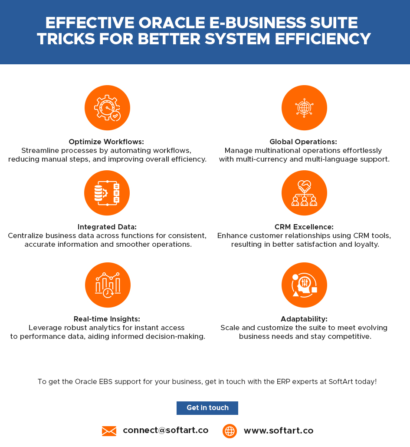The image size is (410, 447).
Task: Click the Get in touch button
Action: (x=207, y=408)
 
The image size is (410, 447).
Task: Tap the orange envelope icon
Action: (x=109, y=431)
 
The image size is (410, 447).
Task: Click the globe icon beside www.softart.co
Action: (x=230, y=431)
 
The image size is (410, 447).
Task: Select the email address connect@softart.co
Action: (x=165, y=430)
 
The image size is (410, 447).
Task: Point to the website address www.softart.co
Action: (x=278, y=430)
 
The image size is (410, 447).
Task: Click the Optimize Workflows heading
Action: (x=106, y=142)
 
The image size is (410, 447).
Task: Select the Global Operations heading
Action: (x=303, y=142)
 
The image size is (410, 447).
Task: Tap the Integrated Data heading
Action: (x=107, y=227)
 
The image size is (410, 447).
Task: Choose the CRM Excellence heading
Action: (x=304, y=227)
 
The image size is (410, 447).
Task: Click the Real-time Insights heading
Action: (x=107, y=319)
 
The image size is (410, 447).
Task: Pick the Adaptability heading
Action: (x=304, y=319)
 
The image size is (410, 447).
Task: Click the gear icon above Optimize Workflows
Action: (x=107, y=108)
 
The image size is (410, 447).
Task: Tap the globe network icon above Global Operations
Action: (x=304, y=108)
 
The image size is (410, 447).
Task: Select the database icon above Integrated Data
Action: (x=107, y=193)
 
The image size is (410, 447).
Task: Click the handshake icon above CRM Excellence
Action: (x=304, y=193)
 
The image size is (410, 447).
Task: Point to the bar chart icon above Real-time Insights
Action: (x=108, y=285)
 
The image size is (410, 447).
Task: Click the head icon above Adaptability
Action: (x=304, y=285)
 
